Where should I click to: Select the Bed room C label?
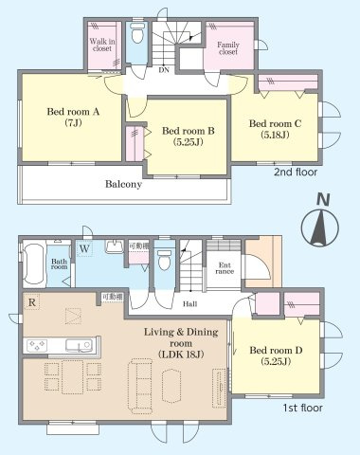(276, 128)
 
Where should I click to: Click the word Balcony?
(123, 185)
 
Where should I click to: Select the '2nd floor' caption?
(295, 173)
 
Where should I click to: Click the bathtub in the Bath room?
(30, 263)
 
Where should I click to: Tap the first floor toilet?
(165, 257)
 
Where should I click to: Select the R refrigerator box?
(33, 303)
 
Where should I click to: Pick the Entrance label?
(225, 269)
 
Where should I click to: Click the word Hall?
(189, 303)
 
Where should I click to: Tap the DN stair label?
(162, 68)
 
